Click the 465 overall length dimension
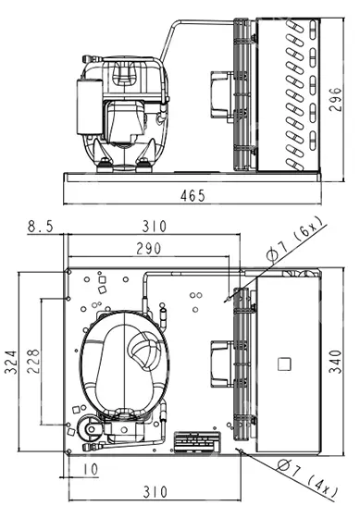pyautogui.click(x=192, y=195)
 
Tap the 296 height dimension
pyautogui.click(x=336, y=100)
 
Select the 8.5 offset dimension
pyautogui.click(x=40, y=227)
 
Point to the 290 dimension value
pyautogui.click(x=149, y=249)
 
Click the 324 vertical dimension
pyautogui.click(x=10, y=363)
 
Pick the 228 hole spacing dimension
pyautogui.click(x=33, y=361)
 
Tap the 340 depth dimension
pyautogui.click(x=335, y=362)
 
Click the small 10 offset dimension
pyautogui.click(x=90, y=469)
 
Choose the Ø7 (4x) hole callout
pyautogui.click(x=306, y=478)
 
